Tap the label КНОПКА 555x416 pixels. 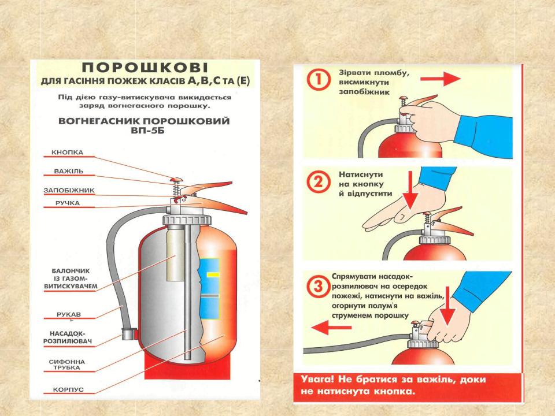click(68, 153)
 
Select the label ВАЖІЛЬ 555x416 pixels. click(69, 172)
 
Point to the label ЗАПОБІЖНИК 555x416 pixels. click(69, 190)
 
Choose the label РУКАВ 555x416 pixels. click(69, 314)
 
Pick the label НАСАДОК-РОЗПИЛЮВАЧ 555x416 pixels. click(69, 338)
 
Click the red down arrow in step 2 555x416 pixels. click(410, 193)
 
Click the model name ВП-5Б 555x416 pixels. click(145, 132)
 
